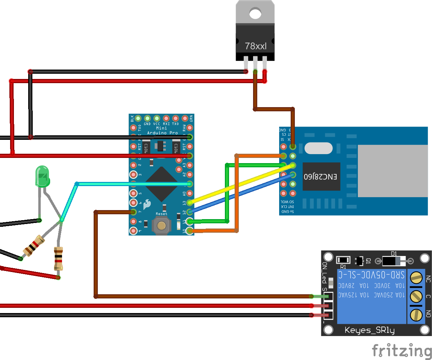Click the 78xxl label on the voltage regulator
pyautogui.click(x=256, y=46)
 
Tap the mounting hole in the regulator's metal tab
pyautogui.click(x=255, y=14)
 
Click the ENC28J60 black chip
pyautogui.click(x=321, y=176)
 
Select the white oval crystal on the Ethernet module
pyautogui.click(x=318, y=148)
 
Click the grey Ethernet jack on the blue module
pyautogui.click(x=392, y=171)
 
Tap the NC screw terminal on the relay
pyautogui.click(x=416, y=278)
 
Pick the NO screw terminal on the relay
pyautogui.click(x=416, y=315)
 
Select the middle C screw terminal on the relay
pyautogui.click(x=416, y=296)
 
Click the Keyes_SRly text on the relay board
pyautogui.click(x=369, y=330)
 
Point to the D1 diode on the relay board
pyautogui.click(x=394, y=261)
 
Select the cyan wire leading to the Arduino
pyautogui.click(x=132, y=184)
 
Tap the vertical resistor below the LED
pyautogui.click(x=58, y=258)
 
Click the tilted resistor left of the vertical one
pyautogui.click(x=33, y=246)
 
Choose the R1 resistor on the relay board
pyautogui.click(x=343, y=260)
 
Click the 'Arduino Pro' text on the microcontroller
pyautogui.click(x=162, y=133)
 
